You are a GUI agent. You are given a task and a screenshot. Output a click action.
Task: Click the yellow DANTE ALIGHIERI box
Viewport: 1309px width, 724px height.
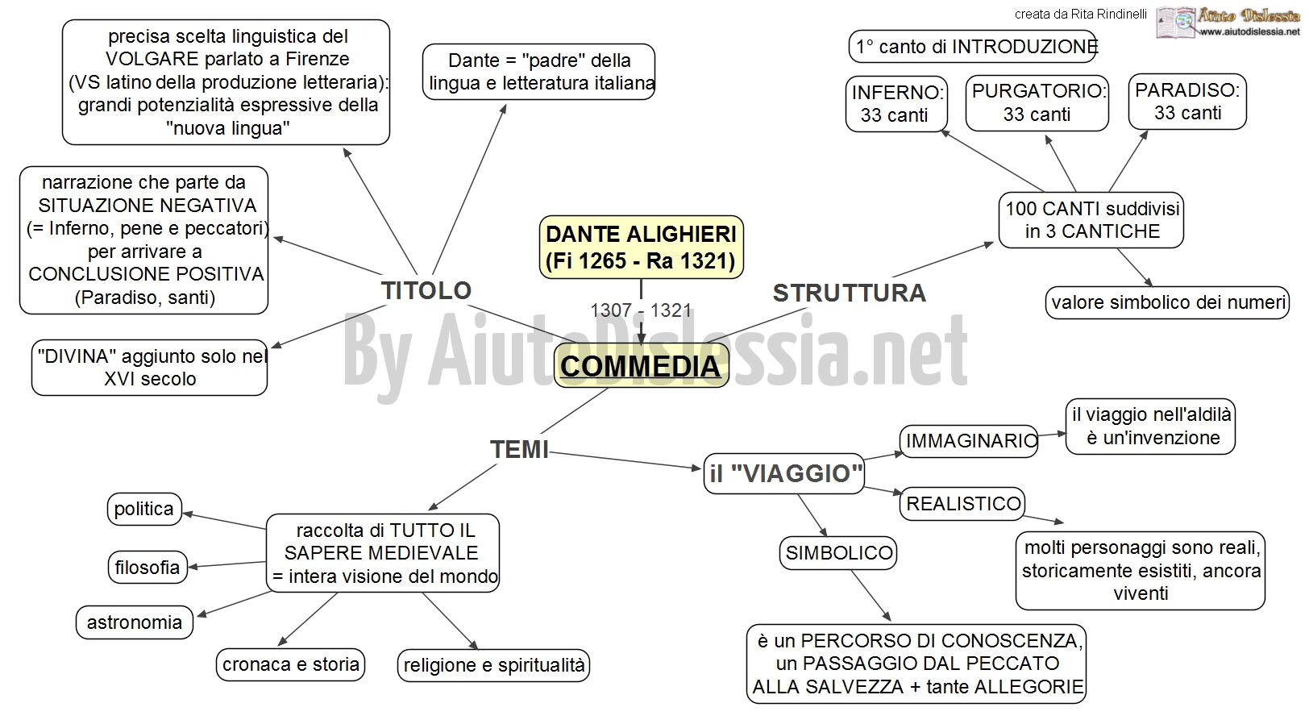(641, 248)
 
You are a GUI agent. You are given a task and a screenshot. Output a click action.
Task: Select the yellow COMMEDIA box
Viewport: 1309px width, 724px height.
(641, 366)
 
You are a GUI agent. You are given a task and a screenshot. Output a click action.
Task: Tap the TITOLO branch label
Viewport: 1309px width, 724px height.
(426, 290)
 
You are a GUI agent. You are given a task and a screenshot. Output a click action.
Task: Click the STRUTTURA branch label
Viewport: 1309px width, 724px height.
(849, 293)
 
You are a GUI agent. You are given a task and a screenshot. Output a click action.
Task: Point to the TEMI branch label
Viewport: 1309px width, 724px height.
(519, 449)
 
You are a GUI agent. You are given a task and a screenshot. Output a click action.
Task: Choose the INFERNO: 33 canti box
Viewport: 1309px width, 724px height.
(896, 104)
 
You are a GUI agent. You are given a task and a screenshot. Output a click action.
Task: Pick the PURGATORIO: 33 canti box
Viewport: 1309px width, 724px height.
(1037, 103)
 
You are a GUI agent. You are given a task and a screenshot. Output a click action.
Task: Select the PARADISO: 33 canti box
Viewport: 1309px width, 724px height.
(1187, 102)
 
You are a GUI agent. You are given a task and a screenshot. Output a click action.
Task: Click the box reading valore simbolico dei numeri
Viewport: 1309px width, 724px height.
(1168, 302)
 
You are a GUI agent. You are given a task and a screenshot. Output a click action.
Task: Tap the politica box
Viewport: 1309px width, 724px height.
(144, 509)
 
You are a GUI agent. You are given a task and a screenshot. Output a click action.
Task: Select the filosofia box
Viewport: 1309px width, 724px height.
(148, 567)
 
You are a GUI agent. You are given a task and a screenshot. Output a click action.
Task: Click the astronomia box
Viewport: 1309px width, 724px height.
(135, 622)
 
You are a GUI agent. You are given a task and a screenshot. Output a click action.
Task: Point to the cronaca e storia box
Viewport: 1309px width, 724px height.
(290, 664)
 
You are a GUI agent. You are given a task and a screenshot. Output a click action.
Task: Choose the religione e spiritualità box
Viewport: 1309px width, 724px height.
(494, 665)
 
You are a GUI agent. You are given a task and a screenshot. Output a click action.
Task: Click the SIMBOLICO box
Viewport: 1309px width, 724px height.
(838, 553)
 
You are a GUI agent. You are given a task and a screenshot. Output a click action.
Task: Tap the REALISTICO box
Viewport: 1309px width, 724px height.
(962, 504)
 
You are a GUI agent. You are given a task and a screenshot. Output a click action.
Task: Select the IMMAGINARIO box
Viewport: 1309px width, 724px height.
(969, 441)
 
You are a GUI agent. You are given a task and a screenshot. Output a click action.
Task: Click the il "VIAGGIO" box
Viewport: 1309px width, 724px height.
(784, 474)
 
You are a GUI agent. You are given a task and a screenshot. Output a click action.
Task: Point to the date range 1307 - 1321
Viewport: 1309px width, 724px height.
(641, 310)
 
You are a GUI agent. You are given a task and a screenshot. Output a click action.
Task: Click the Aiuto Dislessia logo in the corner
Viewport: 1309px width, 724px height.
(1228, 23)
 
